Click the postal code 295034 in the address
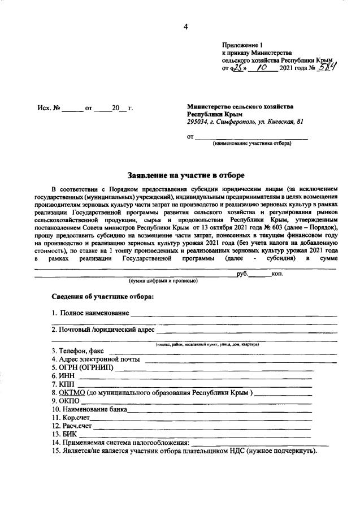[198, 122]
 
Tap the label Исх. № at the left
[48, 107]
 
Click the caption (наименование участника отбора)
[251, 144]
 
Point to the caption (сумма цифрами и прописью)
[163, 280]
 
